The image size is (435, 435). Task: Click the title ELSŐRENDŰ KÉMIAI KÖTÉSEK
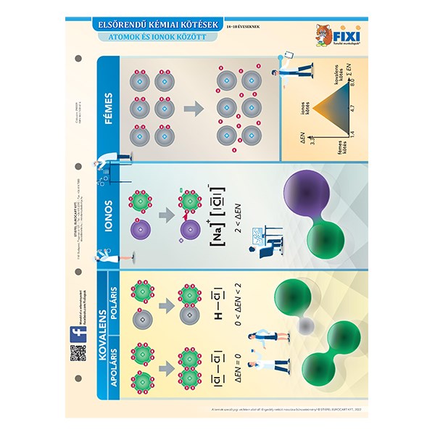click(161, 24)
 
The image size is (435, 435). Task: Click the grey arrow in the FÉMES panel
click(194, 109)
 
